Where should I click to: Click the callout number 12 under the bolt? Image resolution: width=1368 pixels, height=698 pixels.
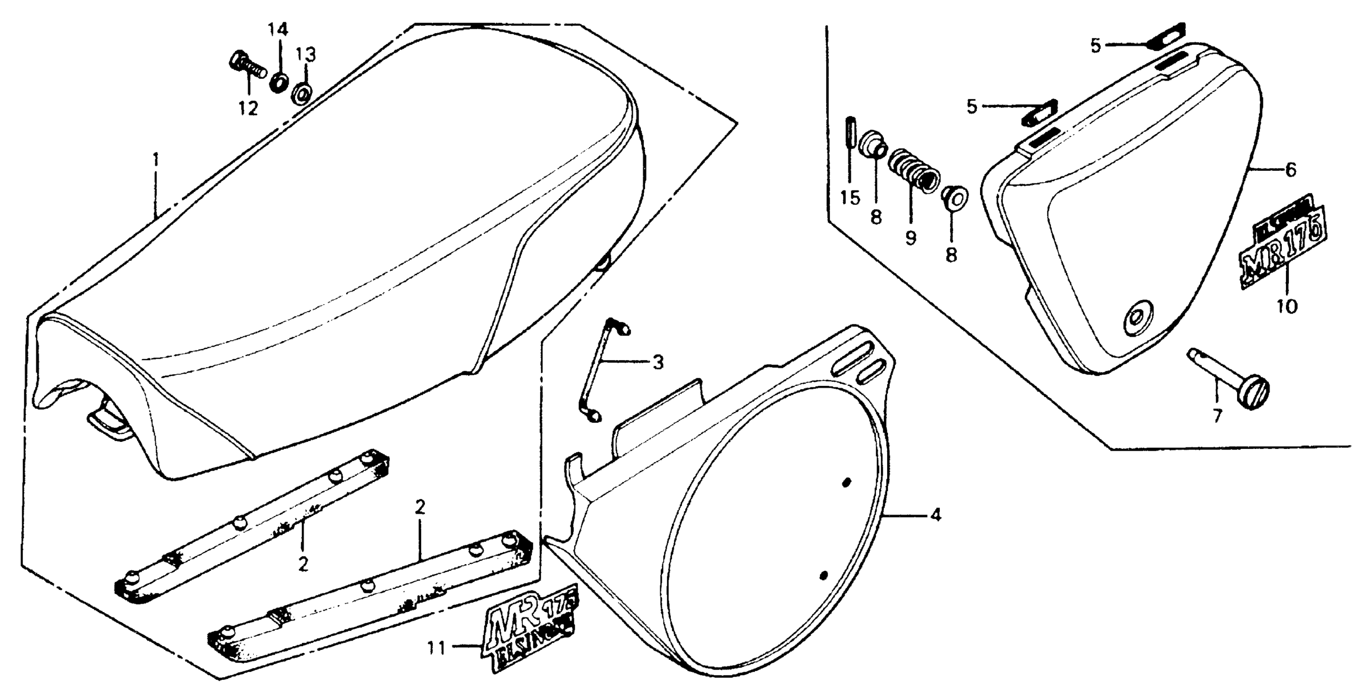pyautogui.click(x=248, y=108)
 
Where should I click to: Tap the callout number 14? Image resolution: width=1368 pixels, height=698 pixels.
pyautogui.click(x=277, y=30)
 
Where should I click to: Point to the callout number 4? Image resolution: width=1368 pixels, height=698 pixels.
pyautogui.click(x=936, y=515)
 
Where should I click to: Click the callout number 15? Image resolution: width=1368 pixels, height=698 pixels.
pyautogui.click(x=850, y=198)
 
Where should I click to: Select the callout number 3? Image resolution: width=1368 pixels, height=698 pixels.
pyautogui.click(x=658, y=363)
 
